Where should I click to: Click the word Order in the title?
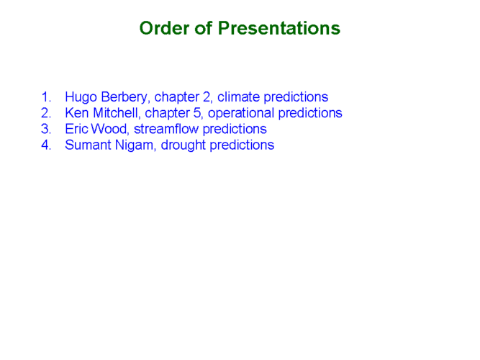point(164,28)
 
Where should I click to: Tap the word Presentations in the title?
point(279,28)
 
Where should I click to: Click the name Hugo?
point(81,97)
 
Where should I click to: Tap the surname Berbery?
point(125,97)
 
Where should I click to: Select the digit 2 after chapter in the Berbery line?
point(207,96)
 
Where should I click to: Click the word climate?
point(238,96)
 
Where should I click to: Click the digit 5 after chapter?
point(197,113)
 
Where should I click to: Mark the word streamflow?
point(166,129)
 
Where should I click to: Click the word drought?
point(183,145)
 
